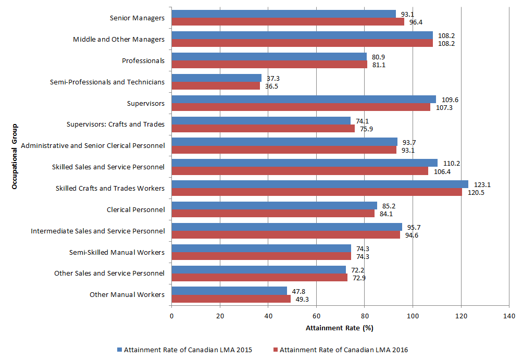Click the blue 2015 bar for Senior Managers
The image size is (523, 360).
click(283, 14)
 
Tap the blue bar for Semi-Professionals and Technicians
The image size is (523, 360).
click(216, 78)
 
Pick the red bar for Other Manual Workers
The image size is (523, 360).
click(231, 299)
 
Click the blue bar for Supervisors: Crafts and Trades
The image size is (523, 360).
click(261, 120)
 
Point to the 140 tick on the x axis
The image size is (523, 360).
click(509, 316)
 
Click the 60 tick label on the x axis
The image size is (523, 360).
click(316, 316)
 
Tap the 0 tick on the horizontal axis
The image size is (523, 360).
click(171, 316)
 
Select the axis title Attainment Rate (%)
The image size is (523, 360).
click(340, 328)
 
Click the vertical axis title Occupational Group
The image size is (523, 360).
click(15, 156)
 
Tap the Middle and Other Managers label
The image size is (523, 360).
click(119, 39)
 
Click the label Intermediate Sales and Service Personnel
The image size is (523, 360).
click(98, 231)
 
